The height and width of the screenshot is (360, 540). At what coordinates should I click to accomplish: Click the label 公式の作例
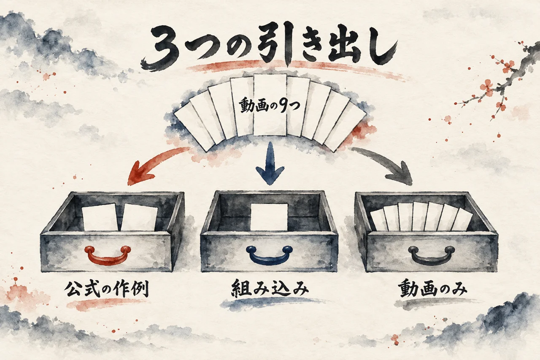(106, 289)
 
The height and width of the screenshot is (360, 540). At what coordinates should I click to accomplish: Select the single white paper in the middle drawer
(269, 217)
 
